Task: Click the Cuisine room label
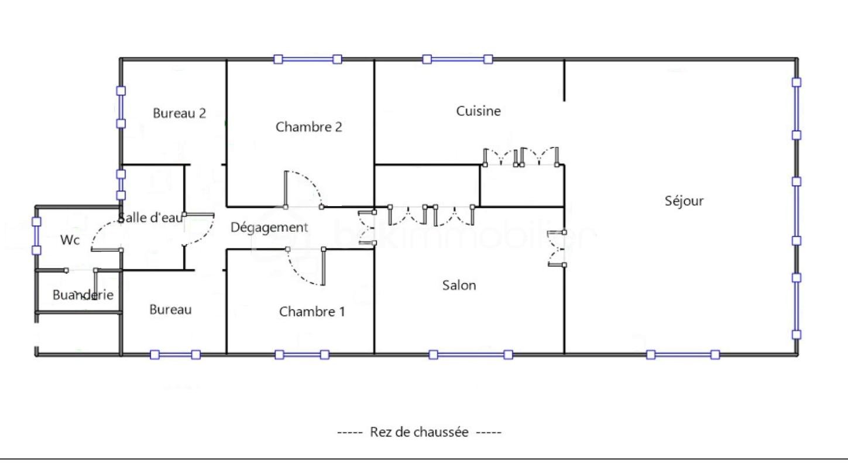(478, 111)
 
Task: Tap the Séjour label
(684, 201)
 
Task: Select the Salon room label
(459, 285)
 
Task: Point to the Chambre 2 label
(308, 126)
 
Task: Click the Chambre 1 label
(312, 311)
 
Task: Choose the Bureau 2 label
(179, 113)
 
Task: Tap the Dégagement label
(269, 227)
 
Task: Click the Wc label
(70, 240)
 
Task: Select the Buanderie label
(83, 295)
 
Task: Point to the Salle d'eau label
(150, 218)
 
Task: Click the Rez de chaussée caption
(419, 432)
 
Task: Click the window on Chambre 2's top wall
(308, 59)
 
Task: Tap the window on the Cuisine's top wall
(458, 59)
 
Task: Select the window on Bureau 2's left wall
(121, 107)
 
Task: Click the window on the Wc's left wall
(36, 236)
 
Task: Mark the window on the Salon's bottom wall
(471, 354)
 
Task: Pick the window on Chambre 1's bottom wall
(302, 354)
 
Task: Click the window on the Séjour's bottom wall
(682, 354)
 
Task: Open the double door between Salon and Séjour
(556, 249)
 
